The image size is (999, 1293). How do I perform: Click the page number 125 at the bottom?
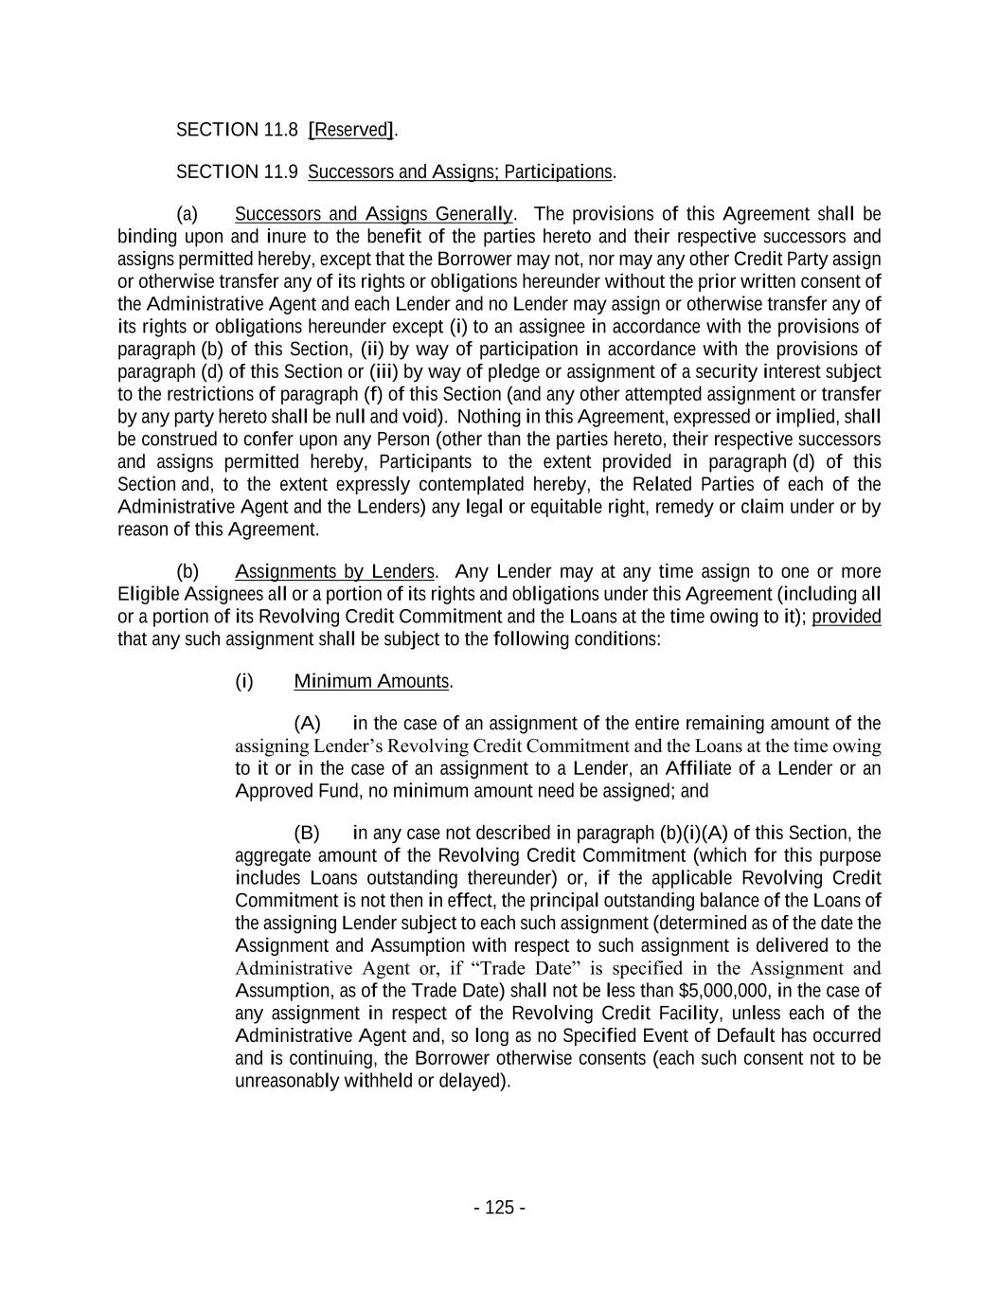point(499,1207)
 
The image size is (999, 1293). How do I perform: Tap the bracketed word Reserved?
point(351,130)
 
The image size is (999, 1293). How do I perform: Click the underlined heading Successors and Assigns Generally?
point(374,214)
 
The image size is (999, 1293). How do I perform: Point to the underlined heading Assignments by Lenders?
point(334,571)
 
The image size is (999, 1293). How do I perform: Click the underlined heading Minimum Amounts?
point(372,681)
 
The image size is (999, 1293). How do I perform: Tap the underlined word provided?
point(847,617)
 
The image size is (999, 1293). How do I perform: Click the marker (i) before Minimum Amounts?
point(244,681)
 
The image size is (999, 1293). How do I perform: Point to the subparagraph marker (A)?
point(308,724)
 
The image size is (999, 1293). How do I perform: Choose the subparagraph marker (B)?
point(308,834)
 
